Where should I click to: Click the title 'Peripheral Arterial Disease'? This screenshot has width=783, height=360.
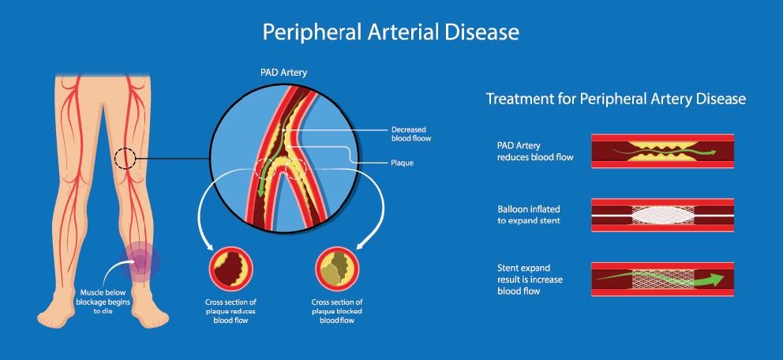click(x=391, y=32)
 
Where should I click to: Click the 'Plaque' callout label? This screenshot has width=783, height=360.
click(x=403, y=163)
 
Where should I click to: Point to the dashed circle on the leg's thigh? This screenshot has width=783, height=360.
click(x=125, y=159)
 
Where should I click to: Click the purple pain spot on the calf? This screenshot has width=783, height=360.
click(x=140, y=261)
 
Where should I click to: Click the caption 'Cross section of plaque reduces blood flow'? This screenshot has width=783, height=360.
click(x=231, y=311)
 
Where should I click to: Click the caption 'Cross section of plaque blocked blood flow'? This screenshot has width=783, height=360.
click(x=338, y=311)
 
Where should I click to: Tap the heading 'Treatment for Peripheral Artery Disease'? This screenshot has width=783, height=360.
click(x=616, y=99)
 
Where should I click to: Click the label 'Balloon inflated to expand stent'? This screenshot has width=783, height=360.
click(x=529, y=215)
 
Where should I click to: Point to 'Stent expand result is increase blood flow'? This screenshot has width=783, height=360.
click(x=530, y=279)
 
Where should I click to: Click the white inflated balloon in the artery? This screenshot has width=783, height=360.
click(x=662, y=215)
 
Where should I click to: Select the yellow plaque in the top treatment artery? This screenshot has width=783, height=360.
click(x=661, y=151)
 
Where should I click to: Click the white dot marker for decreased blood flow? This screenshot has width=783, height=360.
click(x=283, y=130)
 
